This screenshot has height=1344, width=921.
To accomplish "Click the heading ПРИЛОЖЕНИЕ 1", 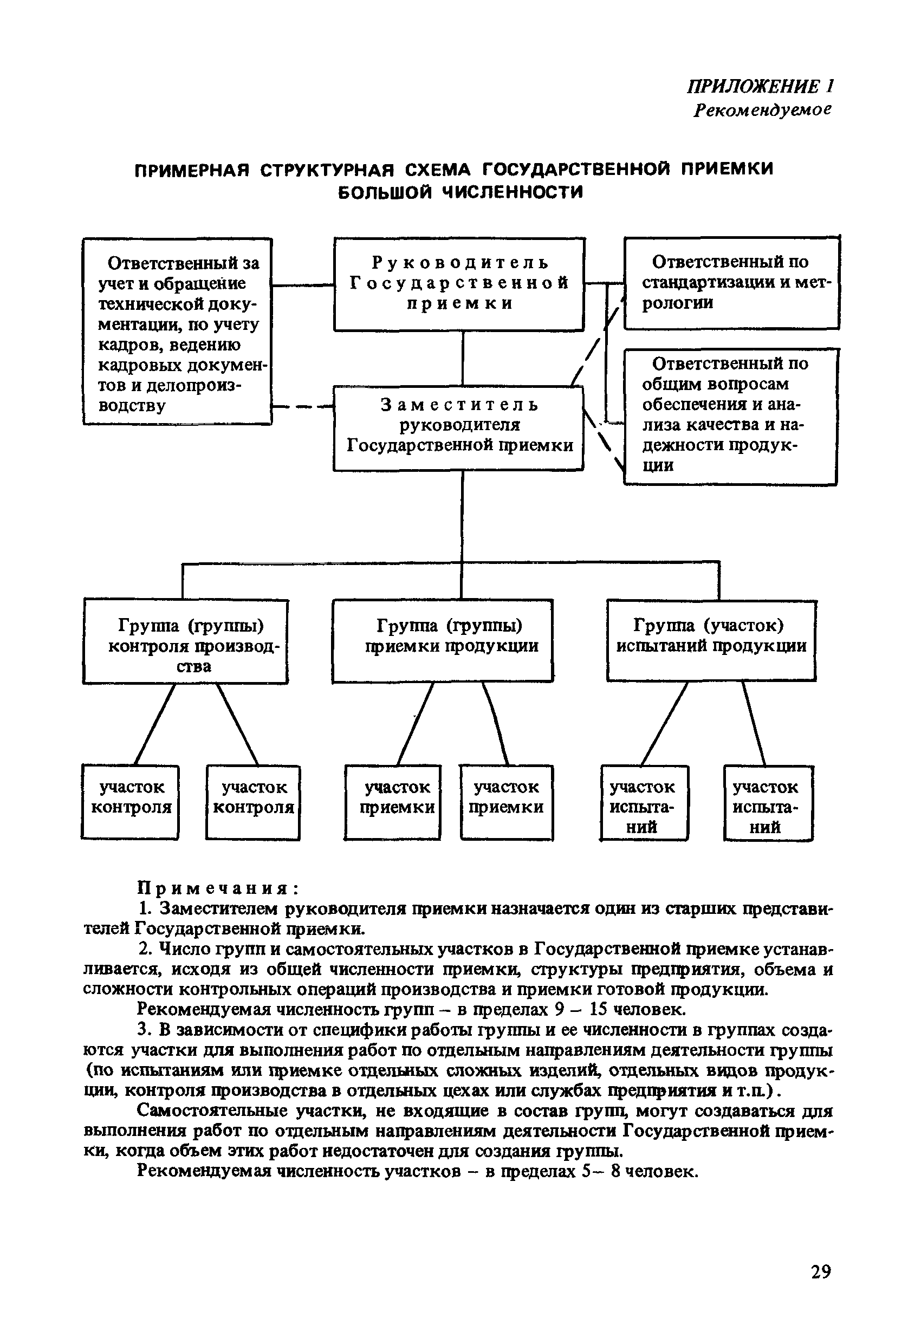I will [760, 87].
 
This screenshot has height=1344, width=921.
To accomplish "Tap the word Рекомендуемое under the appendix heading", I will [762, 109].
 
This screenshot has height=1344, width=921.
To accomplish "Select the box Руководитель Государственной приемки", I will [459, 284].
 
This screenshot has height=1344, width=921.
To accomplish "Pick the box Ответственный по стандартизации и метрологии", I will [731, 283].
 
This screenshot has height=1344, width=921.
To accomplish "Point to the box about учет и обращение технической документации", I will [177, 332].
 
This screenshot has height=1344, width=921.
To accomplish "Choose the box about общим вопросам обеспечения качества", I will [730, 416].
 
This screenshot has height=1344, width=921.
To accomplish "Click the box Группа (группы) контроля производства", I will [186, 642].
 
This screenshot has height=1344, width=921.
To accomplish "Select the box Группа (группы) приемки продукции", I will [443, 641].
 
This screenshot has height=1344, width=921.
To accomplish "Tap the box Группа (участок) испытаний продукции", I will [711, 641].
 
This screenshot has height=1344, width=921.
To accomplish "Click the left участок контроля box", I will [131, 802].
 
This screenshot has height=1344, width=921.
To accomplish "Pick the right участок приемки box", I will [506, 802].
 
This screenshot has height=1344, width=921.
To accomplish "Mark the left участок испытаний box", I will [643, 802].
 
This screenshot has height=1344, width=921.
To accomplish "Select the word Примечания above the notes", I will [217, 887].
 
